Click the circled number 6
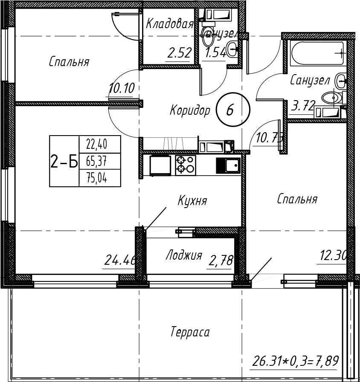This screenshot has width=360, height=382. coord(229,110)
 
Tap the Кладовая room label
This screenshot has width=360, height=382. coord(169,24)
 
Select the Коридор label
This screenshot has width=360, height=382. coord(190,111)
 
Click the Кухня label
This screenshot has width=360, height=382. coord(192,200)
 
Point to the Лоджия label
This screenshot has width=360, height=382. coord(183,255)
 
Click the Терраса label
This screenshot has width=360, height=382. coord(190,332)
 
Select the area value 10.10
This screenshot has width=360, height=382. coord(122,89)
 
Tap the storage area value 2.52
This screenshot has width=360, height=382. coord(178,53)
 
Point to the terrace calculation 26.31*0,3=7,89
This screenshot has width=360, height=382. coord(295,362)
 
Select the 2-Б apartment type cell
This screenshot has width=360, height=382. coord(64,162)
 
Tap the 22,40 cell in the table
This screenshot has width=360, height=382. coord(97,145)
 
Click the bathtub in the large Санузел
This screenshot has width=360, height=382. coord(317,53)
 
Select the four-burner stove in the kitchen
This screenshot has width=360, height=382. coord(186,165)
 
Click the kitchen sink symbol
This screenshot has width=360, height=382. coord(228,165)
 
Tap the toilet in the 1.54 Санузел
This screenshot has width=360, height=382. coord(209,38)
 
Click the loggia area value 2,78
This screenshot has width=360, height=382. coord(221,260)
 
